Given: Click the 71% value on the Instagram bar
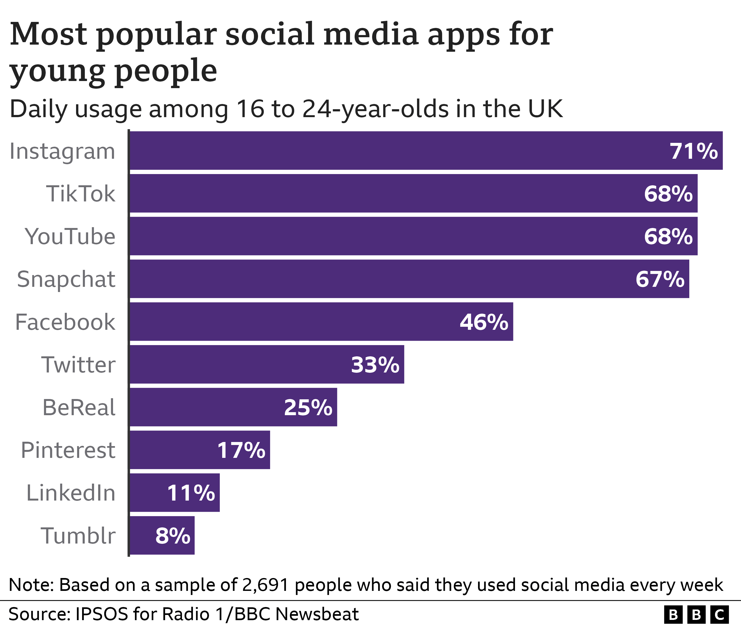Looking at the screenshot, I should pos(693,151).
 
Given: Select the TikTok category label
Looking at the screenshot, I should pos(81,194).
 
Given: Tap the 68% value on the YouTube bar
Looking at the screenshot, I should pos(668,237).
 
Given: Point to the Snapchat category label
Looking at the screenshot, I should pos(66,279).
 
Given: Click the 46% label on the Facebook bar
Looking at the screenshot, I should pos(484,322).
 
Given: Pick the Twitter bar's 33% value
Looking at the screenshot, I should pos(375,365).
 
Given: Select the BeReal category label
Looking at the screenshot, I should pos(79,408).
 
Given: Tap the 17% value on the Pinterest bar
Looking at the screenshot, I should pos(241,451).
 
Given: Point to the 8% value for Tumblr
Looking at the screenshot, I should pos(173,536).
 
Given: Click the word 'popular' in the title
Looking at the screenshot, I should pos(156,34).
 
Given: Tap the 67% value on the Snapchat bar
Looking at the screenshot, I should pos(660,279).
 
